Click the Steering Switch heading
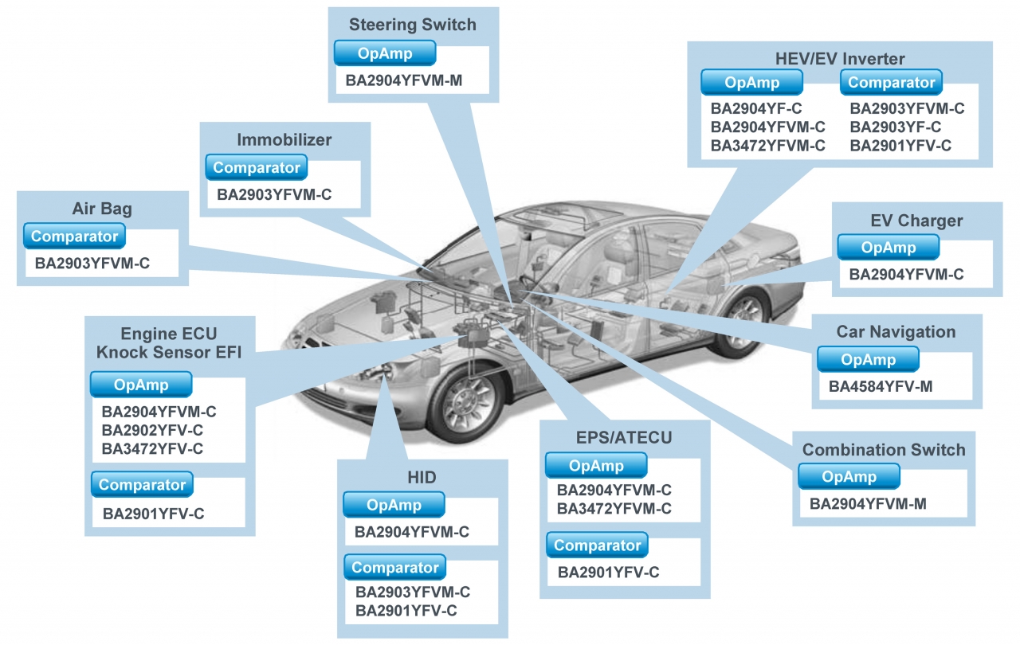pyautogui.click(x=412, y=25)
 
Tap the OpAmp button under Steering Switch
pyautogui.click(x=385, y=53)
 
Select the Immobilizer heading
pyautogui.click(x=284, y=140)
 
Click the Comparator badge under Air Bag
pyautogui.click(x=74, y=236)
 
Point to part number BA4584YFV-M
pyautogui.click(x=880, y=387)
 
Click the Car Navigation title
pyautogui.click(x=896, y=332)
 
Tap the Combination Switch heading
pyautogui.click(x=883, y=450)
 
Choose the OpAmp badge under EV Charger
pyautogui.click(x=888, y=248)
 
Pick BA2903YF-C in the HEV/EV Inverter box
pyautogui.click(x=895, y=127)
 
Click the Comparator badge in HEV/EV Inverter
pyautogui.click(x=891, y=83)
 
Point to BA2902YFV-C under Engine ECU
pyautogui.click(x=152, y=430)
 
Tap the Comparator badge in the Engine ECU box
pyautogui.click(x=142, y=485)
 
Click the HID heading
pyautogui.click(x=422, y=477)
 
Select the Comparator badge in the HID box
pyautogui.click(x=395, y=568)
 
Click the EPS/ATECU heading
pyautogui.click(x=624, y=438)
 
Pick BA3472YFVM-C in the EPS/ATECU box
pyautogui.click(x=614, y=508)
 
